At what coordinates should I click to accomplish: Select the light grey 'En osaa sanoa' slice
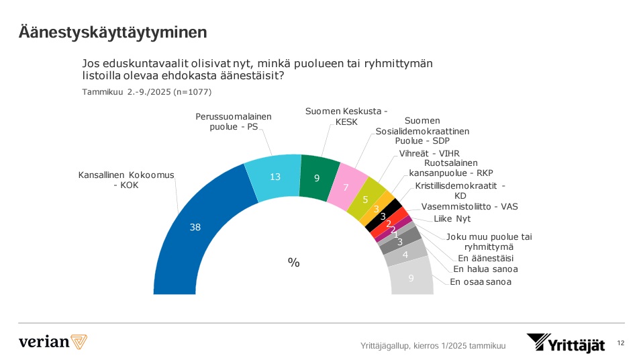(410, 277)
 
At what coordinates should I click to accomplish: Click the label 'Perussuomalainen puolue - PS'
(233, 121)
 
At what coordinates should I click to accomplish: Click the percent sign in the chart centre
(293, 263)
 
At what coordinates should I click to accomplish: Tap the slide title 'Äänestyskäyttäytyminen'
(113, 32)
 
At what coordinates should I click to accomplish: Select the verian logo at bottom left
(53, 341)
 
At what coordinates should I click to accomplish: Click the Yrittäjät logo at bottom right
(565, 343)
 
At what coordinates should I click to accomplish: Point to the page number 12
(620, 343)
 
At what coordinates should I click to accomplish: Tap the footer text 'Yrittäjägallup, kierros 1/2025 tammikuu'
(433, 346)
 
